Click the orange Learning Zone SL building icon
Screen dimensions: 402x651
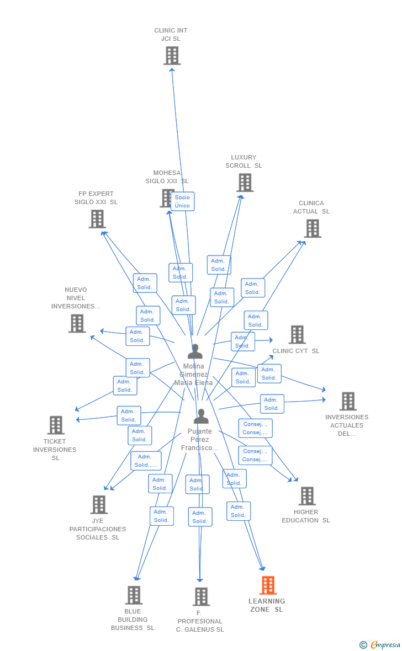pyautogui.click(x=268, y=585)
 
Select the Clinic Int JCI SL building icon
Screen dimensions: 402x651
pyautogui.click(x=172, y=55)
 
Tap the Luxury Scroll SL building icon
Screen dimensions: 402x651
pyautogui.click(x=245, y=182)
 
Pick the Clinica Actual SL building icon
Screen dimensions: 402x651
pyautogui.click(x=313, y=228)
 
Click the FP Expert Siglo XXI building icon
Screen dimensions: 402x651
pyautogui.click(x=97, y=219)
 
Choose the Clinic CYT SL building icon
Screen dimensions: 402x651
pyautogui.click(x=297, y=334)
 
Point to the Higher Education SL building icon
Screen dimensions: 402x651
pyautogui.click(x=307, y=496)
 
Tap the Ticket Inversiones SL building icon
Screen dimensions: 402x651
pyautogui.click(x=56, y=425)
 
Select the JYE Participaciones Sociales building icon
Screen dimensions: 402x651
pyautogui.click(x=99, y=504)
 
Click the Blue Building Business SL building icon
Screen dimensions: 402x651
pyautogui.click(x=134, y=595)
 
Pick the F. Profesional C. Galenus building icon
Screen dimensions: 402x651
pyautogui.click(x=201, y=596)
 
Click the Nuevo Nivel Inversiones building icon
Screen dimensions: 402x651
pyautogui.click(x=77, y=323)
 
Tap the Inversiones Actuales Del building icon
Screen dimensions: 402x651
pyautogui.click(x=348, y=401)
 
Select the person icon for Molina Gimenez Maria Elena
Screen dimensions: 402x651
pyautogui.click(x=194, y=351)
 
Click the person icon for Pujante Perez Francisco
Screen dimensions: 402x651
pyautogui.click(x=201, y=417)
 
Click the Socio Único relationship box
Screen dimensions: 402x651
pyautogui.click(x=182, y=201)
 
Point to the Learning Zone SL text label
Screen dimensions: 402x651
pyautogui.click(x=267, y=605)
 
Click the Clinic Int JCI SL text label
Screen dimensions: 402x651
pyautogui.click(x=171, y=35)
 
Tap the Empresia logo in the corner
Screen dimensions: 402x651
pyautogui.click(x=381, y=644)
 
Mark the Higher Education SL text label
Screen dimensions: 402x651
pyautogui.click(x=306, y=516)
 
